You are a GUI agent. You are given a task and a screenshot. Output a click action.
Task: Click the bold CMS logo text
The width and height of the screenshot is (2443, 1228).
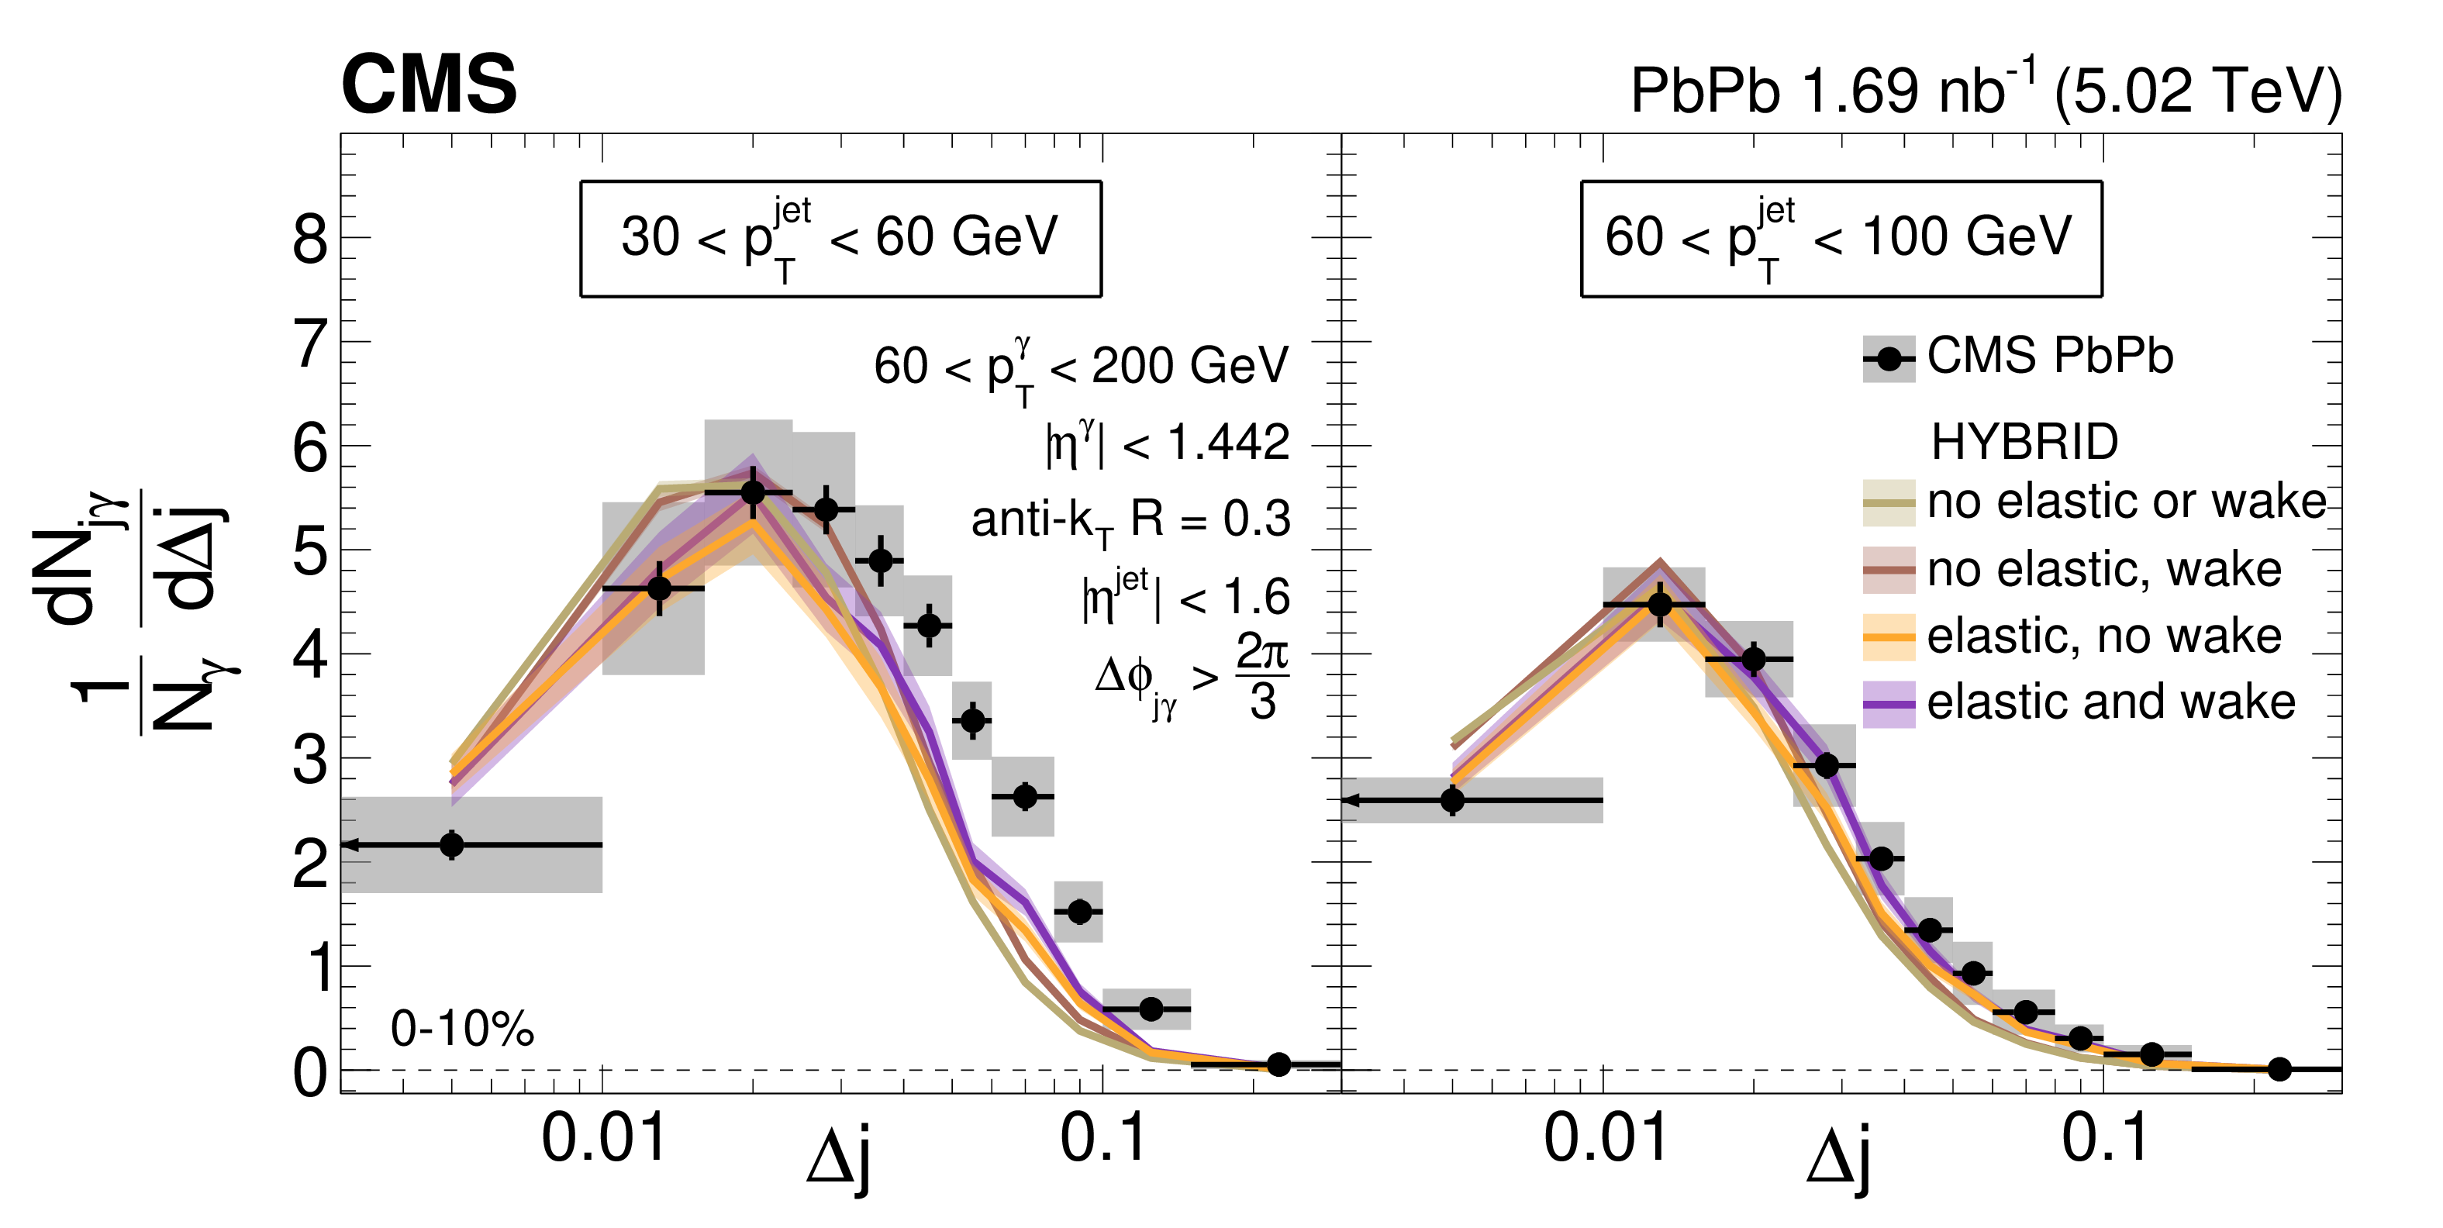coord(429,85)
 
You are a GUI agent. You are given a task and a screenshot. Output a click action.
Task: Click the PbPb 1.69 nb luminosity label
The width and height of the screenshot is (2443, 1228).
coord(1985,90)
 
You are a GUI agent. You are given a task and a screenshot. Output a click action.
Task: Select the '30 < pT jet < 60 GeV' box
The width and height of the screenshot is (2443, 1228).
coord(840,238)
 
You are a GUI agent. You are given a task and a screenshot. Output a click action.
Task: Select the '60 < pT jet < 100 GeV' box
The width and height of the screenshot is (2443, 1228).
coord(1841,238)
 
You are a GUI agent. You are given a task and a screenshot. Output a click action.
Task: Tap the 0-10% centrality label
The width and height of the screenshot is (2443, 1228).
coord(462,1029)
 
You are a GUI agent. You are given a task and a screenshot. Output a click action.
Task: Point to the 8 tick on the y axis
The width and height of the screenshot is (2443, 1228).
coord(310,239)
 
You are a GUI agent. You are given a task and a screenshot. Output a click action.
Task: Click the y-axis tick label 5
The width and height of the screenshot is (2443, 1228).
coord(310,551)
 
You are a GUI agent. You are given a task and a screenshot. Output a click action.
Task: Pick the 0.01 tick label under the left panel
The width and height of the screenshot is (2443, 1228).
coord(604,1137)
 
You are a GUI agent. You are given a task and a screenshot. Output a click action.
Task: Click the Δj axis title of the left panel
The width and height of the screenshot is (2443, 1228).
coord(838,1159)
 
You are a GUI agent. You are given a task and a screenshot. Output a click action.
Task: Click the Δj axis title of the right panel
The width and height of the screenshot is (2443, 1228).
coord(1839,1159)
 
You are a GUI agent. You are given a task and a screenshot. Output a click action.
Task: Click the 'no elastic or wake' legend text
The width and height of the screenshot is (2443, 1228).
coord(2126,501)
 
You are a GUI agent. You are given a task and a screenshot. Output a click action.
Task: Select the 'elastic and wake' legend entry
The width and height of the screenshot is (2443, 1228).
coord(2111,702)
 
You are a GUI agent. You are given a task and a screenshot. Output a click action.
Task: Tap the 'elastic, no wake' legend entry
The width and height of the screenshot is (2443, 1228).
coord(2104,636)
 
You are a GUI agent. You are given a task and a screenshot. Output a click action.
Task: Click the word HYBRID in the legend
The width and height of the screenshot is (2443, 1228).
coord(2024,442)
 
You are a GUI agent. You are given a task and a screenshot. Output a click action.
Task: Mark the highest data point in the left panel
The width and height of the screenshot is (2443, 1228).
coord(753,492)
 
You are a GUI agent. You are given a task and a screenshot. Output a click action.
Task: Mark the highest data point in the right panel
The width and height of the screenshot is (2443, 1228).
coord(1660,604)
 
